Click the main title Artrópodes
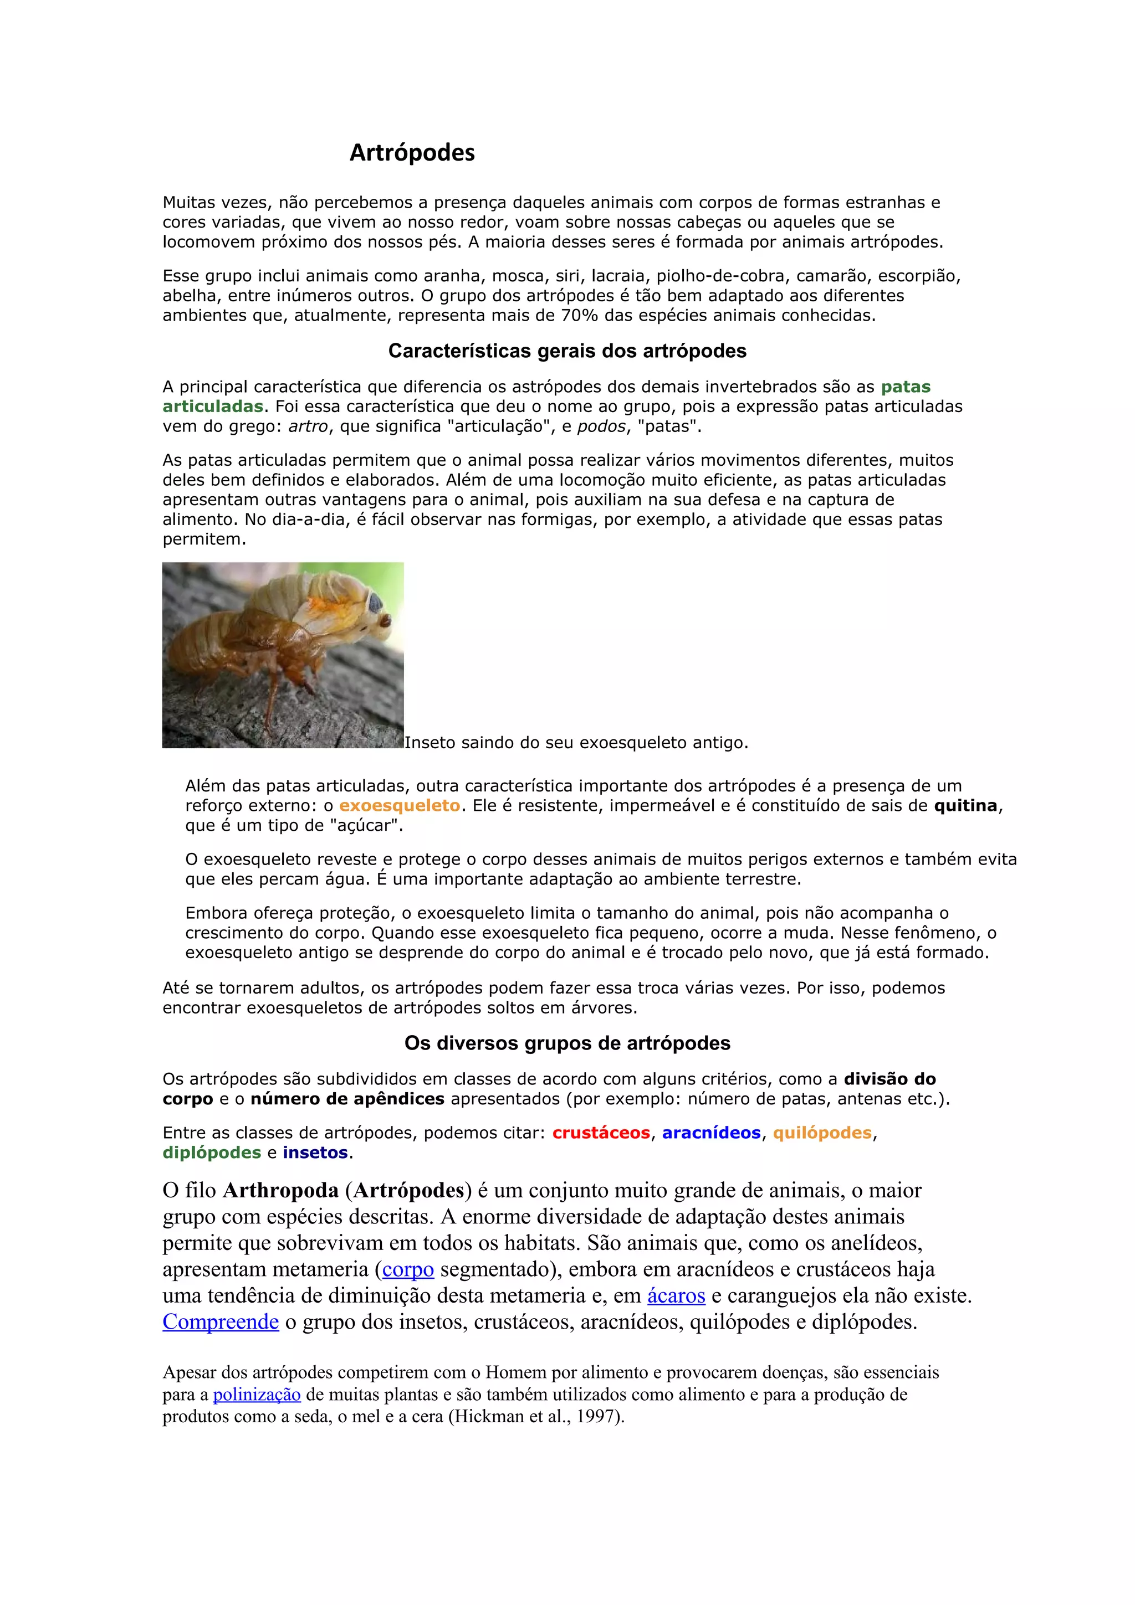[x=412, y=152]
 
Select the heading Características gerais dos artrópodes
[x=567, y=351]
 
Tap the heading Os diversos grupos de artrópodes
[x=567, y=1043]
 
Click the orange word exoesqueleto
[x=400, y=805]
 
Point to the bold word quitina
[x=965, y=805]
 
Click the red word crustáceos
[x=601, y=1133]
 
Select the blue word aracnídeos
[x=711, y=1133]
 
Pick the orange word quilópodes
[x=822, y=1133]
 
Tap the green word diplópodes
[x=212, y=1152]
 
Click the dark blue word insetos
[x=315, y=1152]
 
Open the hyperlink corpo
[x=408, y=1269]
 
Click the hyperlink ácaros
[x=676, y=1295]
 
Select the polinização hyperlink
[x=257, y=1395]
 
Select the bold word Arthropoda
[x=280, y=1190]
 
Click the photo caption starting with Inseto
[x=576, y=742]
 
